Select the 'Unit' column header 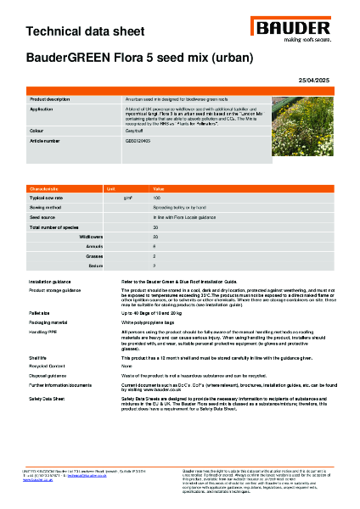pos(111,188)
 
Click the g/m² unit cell pos(127,197)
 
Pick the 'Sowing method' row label pos(46,206)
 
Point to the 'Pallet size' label pos(40,314)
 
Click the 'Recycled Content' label pos(47,366)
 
